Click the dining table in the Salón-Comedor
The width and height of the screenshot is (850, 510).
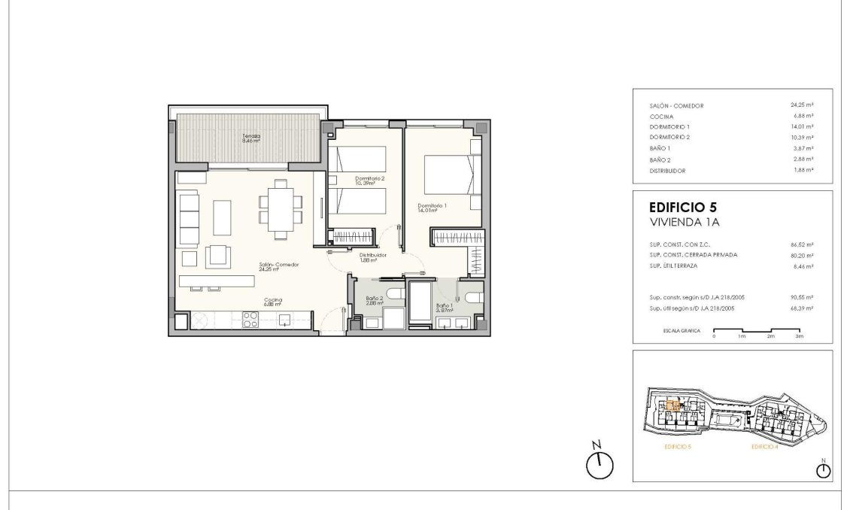click(281, 209)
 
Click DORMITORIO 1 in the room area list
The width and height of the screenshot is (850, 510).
click(669, 127)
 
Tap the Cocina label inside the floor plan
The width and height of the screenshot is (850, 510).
click(272, 302)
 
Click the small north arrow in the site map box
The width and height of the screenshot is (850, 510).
click(824, 470)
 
